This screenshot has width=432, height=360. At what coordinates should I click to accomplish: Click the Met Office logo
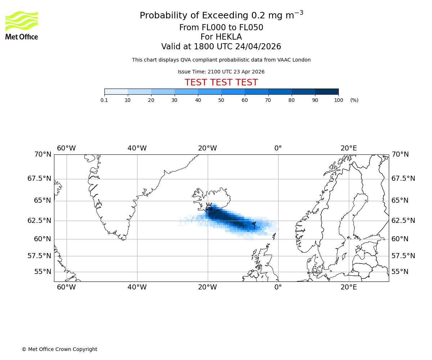[x=22, y=25]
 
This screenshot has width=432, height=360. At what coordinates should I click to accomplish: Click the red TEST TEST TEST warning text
[x=221, y=82]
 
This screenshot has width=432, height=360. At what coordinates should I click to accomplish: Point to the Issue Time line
[x=221, y=72]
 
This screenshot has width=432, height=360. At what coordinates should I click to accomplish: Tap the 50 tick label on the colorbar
[x=221, y=100]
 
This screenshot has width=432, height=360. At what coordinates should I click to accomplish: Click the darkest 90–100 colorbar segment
[x=327, y=92]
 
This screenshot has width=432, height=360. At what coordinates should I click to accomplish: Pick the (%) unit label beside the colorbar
[x=354, y=100]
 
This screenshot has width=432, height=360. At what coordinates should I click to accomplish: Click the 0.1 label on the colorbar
[x=104, y=100]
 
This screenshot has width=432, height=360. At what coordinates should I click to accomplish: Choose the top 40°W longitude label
[x=137, y=148]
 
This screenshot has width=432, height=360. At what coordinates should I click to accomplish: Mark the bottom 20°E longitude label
[x=349, y=287]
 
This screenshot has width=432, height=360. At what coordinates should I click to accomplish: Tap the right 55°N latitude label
[x=400, y=272]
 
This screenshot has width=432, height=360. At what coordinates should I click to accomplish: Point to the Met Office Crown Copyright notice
[x=59, y=349]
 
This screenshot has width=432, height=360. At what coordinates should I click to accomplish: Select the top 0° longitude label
[x=278, y=148]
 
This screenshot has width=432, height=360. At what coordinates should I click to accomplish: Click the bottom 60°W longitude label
[x=66, y=287]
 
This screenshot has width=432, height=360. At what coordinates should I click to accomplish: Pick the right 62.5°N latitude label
[x=403, y=221]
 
